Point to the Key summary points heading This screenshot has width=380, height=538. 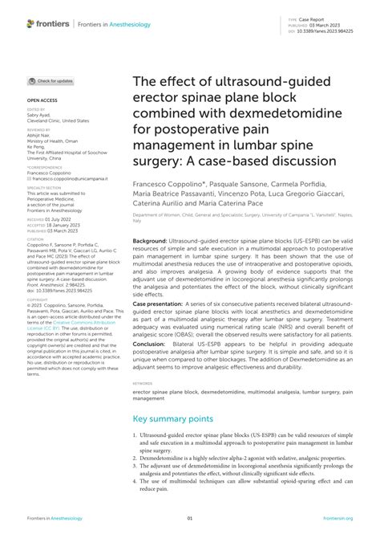coord(173,418)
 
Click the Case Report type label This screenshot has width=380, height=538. coord(321,18)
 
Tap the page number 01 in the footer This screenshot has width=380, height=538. coord(190,518)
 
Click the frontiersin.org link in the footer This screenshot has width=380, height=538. coord(337,518)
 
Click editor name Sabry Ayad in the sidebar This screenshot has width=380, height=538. coord(38,115)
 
